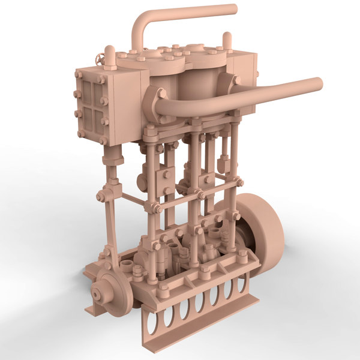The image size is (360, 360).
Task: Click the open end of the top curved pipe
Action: point(233,9)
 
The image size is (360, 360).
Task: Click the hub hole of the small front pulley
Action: point(96,295)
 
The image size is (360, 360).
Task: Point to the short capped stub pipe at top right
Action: point(228,41)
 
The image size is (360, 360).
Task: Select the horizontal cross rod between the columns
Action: point(195,195)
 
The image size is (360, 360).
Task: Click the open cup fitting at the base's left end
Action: point(127,265)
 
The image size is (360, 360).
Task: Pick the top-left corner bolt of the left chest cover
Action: point(79,74)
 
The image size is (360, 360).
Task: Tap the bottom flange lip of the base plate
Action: point(198,324)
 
